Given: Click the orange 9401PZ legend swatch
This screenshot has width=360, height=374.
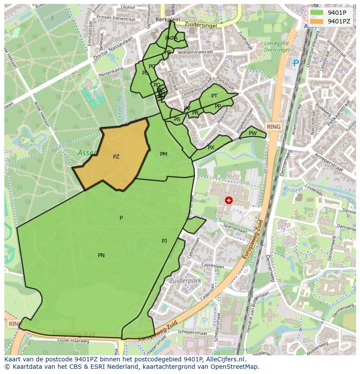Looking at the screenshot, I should pos(317,21).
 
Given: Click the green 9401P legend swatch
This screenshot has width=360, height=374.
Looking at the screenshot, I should pos(317,13).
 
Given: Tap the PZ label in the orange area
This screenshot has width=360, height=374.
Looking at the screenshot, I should pos(116,157).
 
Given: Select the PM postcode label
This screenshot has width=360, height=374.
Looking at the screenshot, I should pos(163,154).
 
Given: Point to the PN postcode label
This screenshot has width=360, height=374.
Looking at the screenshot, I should pos(101,255).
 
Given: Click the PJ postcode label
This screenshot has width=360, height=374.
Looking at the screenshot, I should pos(164,241).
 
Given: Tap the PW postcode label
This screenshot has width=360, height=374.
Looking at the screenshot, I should pos(253,133).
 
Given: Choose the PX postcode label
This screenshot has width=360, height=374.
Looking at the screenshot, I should pos(211,148).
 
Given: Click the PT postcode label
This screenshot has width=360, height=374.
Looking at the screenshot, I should pos(214,96).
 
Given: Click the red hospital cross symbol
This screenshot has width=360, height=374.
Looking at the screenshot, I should pos(229,200).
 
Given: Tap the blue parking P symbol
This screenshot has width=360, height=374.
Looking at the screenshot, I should pos(296,63).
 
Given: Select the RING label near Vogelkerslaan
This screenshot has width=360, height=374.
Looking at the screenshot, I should pos(274,126).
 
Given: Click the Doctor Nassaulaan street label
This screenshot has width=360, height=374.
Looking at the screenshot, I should pos(119,39).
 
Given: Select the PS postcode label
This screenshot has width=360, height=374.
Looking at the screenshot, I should pos(177,119).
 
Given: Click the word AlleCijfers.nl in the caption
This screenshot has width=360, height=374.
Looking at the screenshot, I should pos(224,360).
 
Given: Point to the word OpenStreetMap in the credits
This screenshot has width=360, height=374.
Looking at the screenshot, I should pos(237,367).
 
